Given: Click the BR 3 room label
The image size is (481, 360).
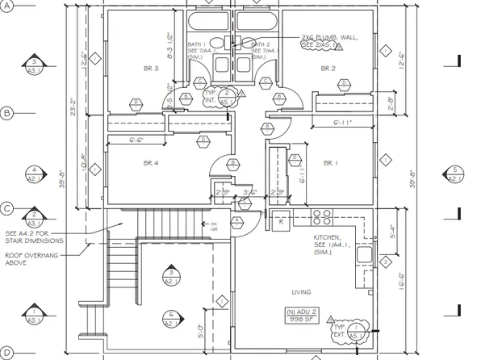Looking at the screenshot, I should [x=151, y=69].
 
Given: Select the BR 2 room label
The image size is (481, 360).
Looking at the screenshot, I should [x=328, y=69].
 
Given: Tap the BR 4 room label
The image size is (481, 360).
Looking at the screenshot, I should [x=151, y=163].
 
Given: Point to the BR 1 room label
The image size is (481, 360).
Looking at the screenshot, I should [x=328, y=163].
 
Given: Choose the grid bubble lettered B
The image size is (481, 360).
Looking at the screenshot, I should [x=7, y=113].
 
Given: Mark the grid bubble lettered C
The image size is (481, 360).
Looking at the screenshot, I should [x=7, y=208].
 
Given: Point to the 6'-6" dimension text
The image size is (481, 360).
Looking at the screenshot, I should [x=138, y=140].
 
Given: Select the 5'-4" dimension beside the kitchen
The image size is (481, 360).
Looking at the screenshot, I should [x=392, y=232].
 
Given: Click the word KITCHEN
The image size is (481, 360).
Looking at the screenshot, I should [x=328, y=237].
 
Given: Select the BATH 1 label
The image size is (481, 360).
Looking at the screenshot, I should [x=196, y=45].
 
